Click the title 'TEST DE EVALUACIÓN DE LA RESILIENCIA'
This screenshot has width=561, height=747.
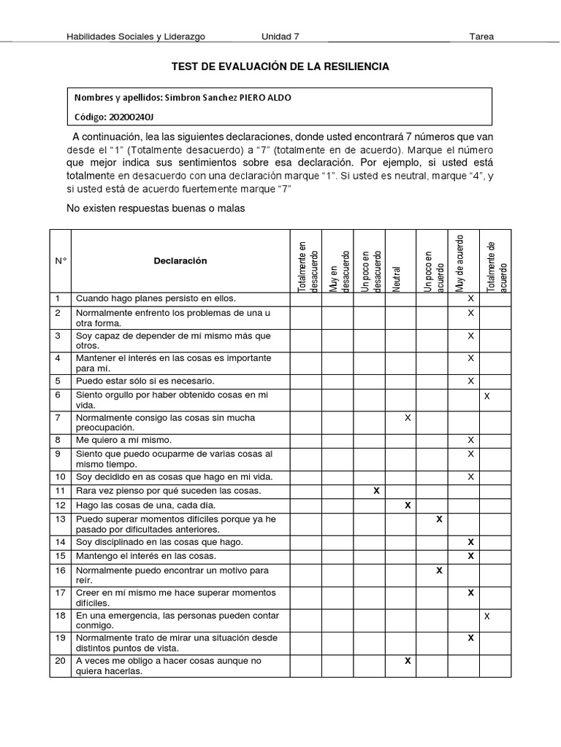click(x=280, y=66)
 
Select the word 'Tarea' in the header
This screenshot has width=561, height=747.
click(x=481, y=36)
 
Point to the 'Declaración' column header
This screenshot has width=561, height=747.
click(x=180, y=261)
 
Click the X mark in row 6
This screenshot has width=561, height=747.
click(x=487, y=395)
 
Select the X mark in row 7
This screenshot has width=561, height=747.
click(x=408, y=418)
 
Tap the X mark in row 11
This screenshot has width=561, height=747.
click(x=376, y=491)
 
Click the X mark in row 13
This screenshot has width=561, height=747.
click(x=439, y=519)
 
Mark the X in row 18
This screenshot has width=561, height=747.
click(x=487, y=616)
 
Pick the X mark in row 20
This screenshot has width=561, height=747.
click(x=408, y=661)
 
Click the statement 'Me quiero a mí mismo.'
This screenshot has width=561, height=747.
click(x=123, y=440)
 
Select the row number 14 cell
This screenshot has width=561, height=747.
click(x=58, y=542)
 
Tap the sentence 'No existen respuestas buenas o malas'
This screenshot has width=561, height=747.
click(x=156, y=209)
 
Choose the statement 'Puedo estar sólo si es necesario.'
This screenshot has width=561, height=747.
click(x=145, y=381)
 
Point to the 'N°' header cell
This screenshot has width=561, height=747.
click(x=60, y=261)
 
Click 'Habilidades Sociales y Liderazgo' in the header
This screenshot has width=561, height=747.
click(x=135, y=36)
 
